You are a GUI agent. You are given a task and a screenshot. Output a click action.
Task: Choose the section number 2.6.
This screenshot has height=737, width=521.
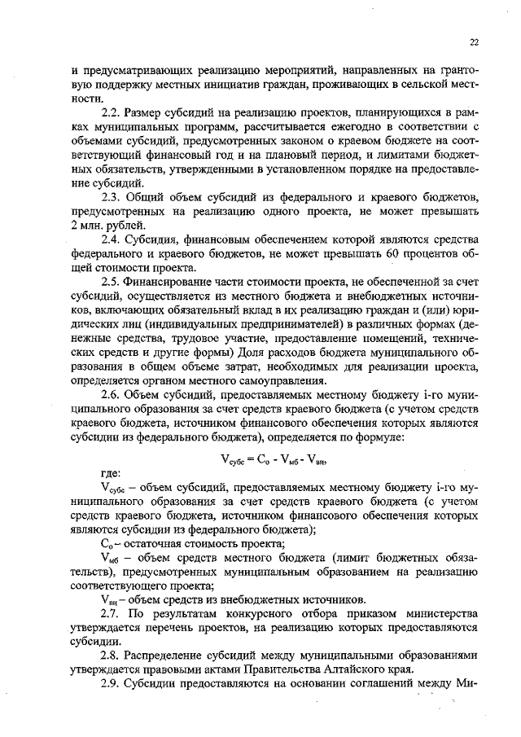[x=110, y=396]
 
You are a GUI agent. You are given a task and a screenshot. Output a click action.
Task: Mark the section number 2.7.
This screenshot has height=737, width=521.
[x=110, y=611]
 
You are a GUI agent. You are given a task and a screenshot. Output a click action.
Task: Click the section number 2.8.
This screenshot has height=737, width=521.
[x=110, y=654]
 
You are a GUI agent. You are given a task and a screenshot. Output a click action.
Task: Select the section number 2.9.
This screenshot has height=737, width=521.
[x=110, y=682]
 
